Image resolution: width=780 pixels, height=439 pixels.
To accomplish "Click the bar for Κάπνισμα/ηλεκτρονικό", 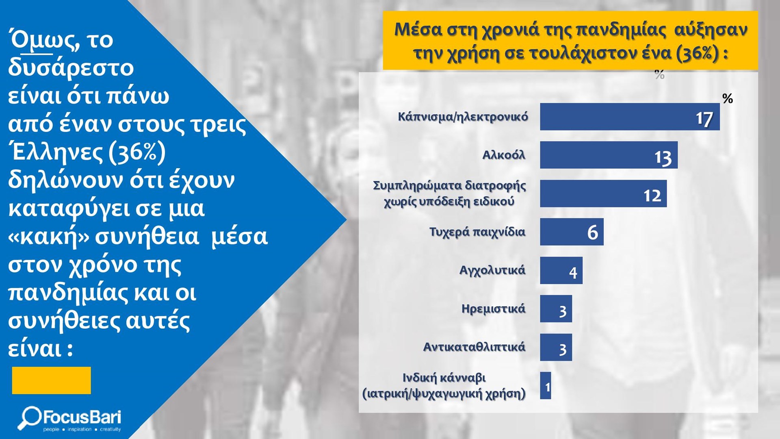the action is tap(630, 117).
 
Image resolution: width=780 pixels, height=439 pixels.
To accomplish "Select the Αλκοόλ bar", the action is tap(609, 155).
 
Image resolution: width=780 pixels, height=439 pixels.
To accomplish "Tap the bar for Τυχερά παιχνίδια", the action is tap(572, 232).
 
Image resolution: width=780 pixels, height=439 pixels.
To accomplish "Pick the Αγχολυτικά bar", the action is tap(561, 270).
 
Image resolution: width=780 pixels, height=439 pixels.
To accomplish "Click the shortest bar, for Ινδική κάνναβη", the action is tap(546, 386).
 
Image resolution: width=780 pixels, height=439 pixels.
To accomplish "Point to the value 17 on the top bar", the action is tap(704, 119).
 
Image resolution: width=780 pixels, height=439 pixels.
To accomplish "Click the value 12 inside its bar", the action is tap(652, 196).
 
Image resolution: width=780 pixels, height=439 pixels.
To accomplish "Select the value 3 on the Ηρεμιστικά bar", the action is tap(563, 311).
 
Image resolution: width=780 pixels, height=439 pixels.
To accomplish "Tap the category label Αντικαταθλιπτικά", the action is tap(474, 347).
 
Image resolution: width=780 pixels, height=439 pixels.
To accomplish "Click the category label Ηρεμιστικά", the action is tap(493, 309).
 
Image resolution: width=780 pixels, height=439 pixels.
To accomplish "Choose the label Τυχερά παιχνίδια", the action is tap(477, 232).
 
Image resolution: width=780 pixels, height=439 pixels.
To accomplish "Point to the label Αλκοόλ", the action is tap(504, 155).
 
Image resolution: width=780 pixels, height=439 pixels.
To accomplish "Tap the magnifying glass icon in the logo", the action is tap(29, 417).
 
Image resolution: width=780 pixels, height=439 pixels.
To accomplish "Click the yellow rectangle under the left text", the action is tap(52, 380).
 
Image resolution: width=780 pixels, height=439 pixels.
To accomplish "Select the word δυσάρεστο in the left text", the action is tap(71, 67).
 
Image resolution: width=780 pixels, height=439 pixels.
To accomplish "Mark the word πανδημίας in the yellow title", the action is tap(621, 30).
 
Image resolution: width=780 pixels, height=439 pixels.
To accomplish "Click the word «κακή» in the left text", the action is tap(49, 237).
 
